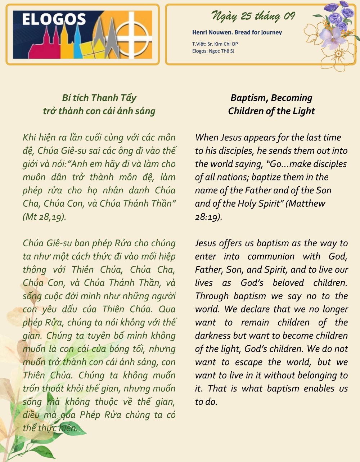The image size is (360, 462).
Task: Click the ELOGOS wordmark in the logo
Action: pyautogui.click(x=54, y=19)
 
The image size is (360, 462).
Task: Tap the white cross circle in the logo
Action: pyautogui.click(x=135, y=35)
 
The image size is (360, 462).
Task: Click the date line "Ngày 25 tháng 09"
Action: pyautogui.click(x=253, y=16)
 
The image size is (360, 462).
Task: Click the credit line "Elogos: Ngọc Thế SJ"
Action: pyautogui.click(x=213, y=51)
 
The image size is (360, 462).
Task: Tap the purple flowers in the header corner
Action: pyautogui.click(x=337, y=16)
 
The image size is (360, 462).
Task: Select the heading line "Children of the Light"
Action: pyautogui.click(x=271, y=111)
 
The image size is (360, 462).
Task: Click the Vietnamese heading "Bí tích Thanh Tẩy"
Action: pyautogui.click(x=99, y=98)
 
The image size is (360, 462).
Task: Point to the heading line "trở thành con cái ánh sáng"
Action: pyautogui.click(x=99, y=111)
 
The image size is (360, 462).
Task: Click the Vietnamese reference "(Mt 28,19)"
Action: pyautogui.click(x=44, y=217)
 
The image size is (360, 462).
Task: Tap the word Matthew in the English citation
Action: pyautogui.click(x=307, y=203)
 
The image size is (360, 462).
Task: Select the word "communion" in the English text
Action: pyautogui.click(x=271, y=256)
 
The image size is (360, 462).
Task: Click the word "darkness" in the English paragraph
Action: pyautogui.click(x=212, y=336)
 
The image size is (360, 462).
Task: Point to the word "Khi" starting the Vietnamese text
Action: pyautogui.click(x=29, y=138)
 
